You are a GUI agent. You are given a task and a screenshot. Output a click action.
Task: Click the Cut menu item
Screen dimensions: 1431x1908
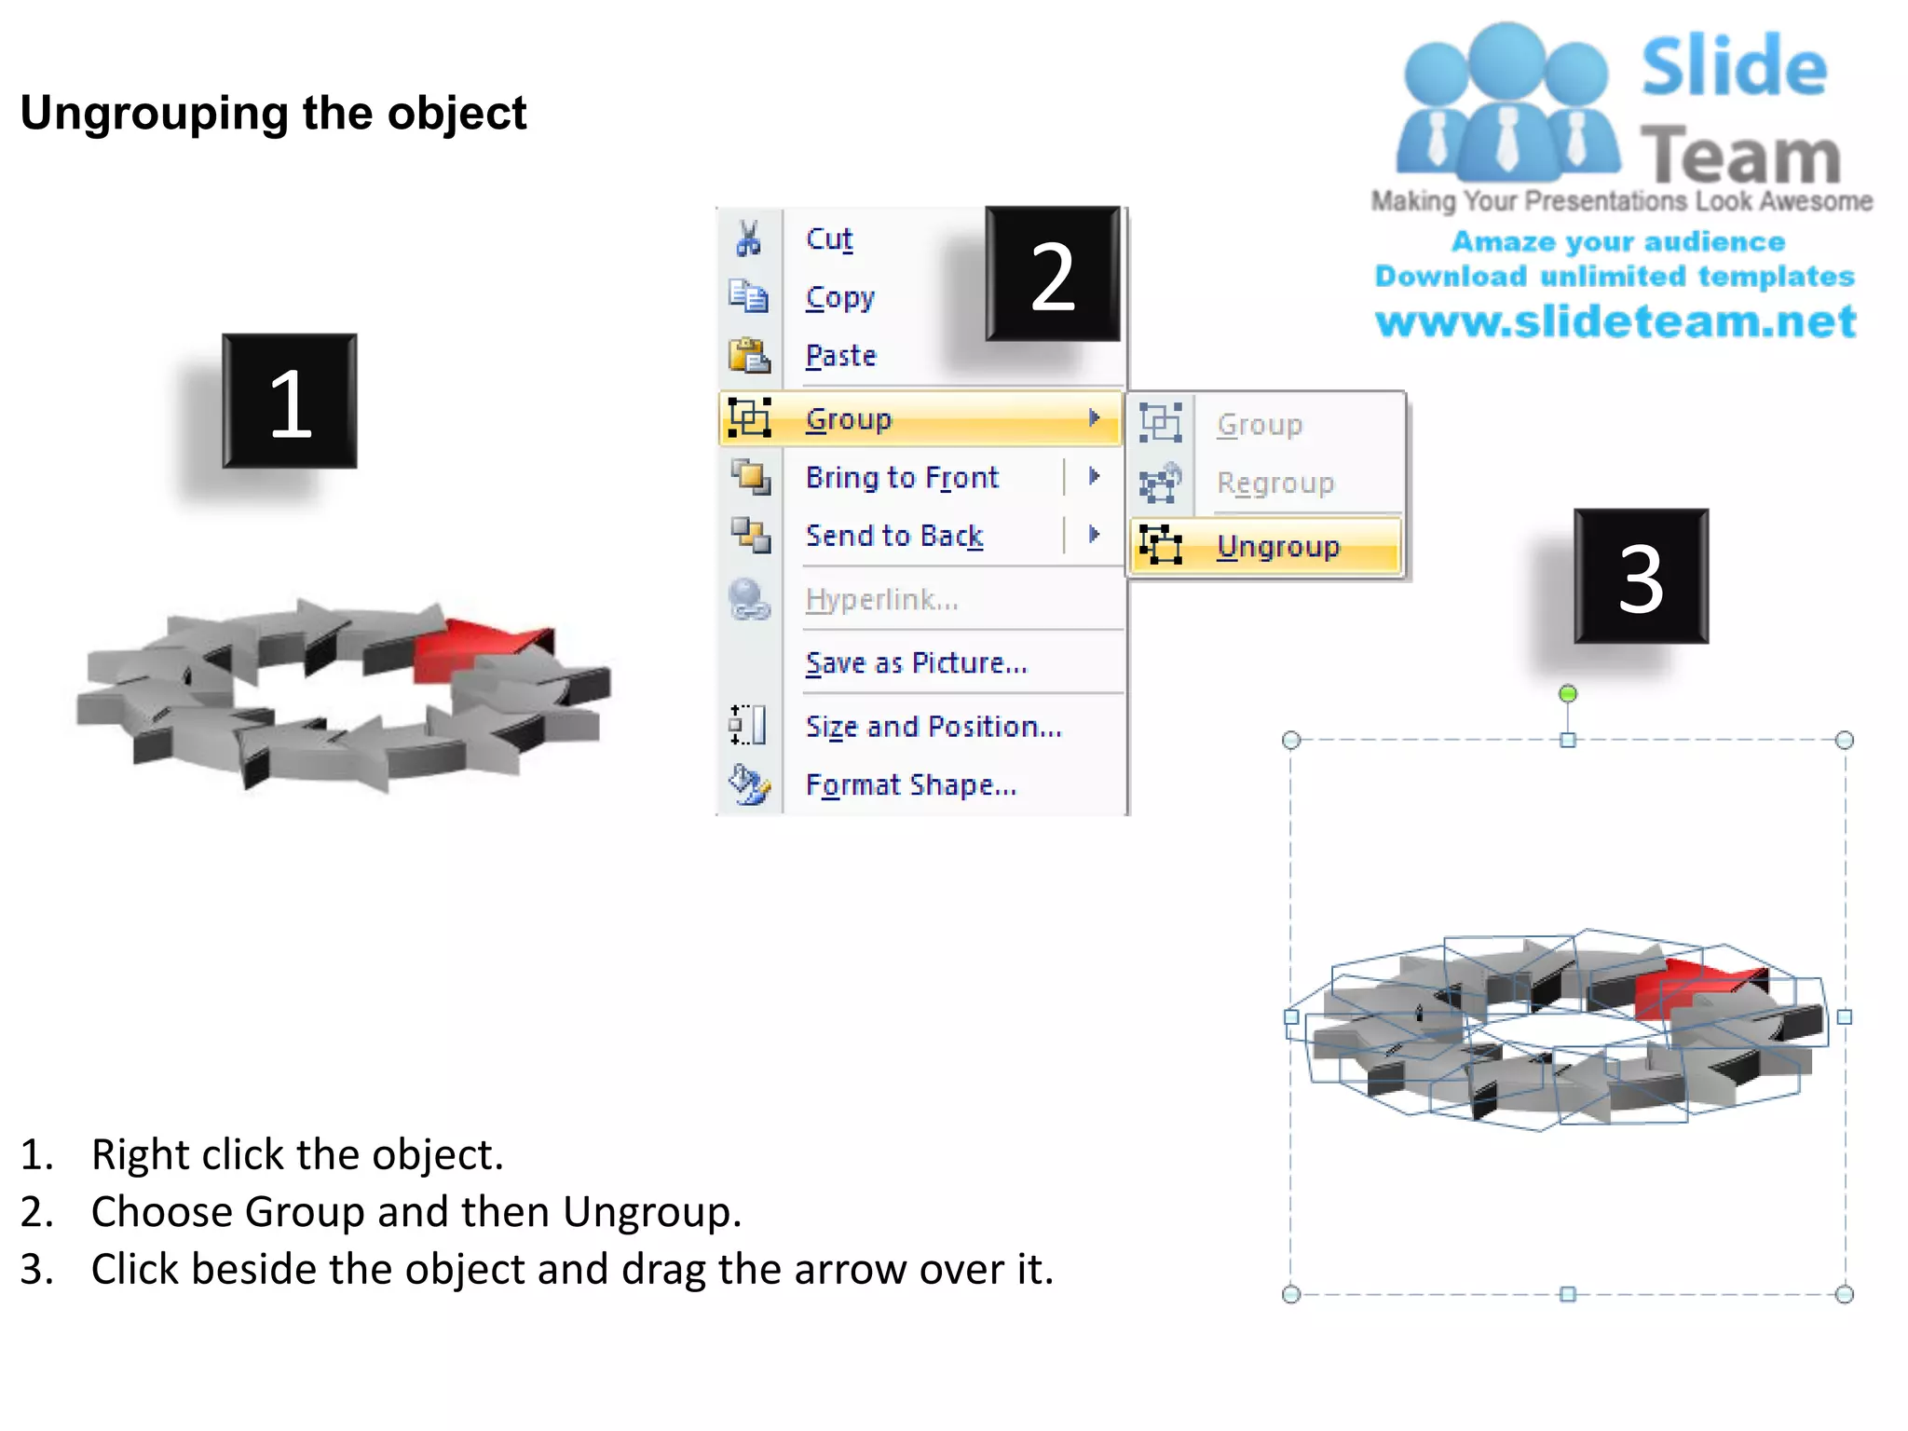(x=829, y=239)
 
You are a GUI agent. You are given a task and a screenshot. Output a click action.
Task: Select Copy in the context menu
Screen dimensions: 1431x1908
(x=840, y=297)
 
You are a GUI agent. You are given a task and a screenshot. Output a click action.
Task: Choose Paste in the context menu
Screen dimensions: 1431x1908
(x=841, y=356)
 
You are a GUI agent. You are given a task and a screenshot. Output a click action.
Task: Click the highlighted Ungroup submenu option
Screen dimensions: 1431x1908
(x=1277, y=546)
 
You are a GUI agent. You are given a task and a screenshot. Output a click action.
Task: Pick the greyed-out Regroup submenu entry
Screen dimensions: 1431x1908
(x=1275, y=483)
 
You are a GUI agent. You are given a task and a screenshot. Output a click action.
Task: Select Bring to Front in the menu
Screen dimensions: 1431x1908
(x=902, y=477)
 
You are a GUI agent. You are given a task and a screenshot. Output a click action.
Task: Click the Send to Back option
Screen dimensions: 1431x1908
(x=894, y=536)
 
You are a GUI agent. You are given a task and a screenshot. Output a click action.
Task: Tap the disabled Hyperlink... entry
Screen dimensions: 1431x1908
(x=881, y=599)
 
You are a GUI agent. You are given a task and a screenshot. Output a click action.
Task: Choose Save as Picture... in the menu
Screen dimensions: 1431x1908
(x=916, y=662)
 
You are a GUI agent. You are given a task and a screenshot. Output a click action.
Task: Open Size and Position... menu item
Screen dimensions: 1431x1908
(x=934, y=726)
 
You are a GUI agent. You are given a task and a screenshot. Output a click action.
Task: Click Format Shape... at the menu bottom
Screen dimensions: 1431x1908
(x=911, y=784)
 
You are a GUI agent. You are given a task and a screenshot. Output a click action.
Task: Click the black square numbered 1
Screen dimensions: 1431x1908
(x=290, y=402)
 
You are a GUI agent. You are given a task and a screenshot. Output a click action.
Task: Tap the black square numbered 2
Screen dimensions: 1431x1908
(x=1053, y=275)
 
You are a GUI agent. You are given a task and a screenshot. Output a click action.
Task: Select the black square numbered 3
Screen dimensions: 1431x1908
(x=1641, y=577)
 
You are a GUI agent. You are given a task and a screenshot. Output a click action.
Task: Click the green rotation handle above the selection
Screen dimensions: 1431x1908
(x=1568, y=694)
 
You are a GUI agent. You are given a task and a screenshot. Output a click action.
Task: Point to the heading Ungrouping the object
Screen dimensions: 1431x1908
(x=273, y=114)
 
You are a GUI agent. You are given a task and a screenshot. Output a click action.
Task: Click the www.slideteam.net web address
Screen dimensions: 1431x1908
(x=1615, y=321)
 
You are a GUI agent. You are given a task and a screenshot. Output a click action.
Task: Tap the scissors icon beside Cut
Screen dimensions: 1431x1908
(x=748, y=238)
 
